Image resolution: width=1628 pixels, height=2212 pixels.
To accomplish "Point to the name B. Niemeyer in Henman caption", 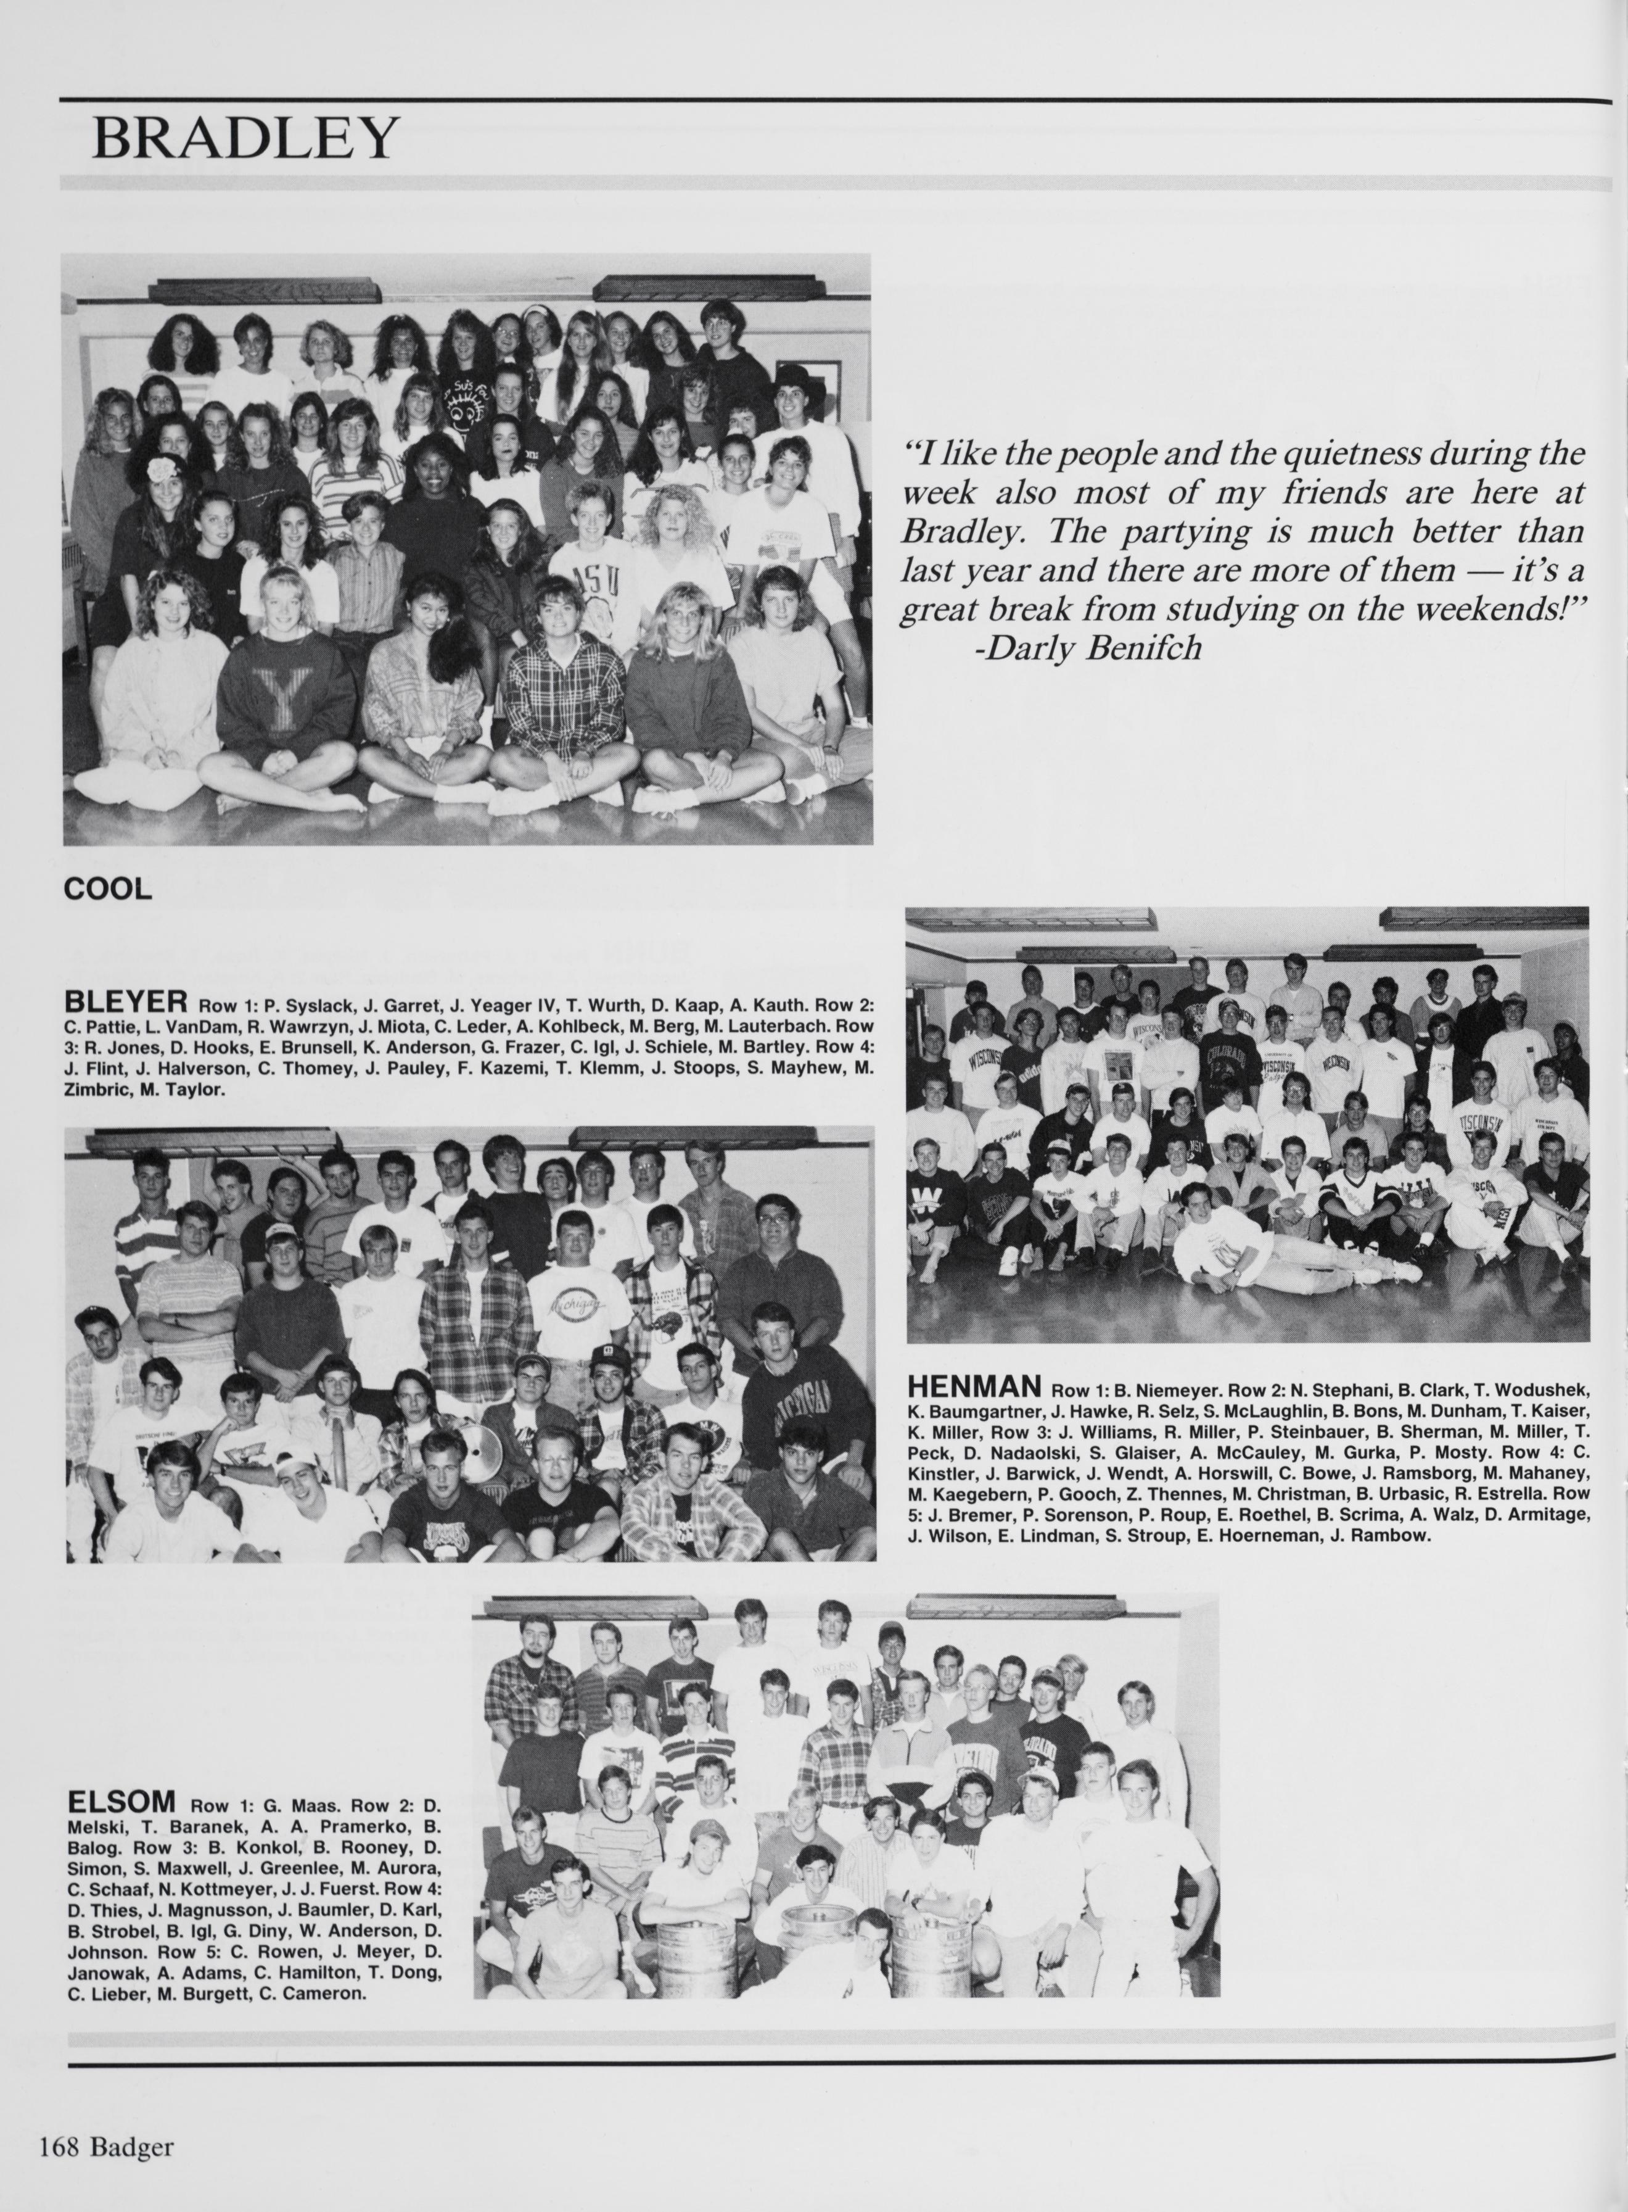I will [x=1166, y=1393].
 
